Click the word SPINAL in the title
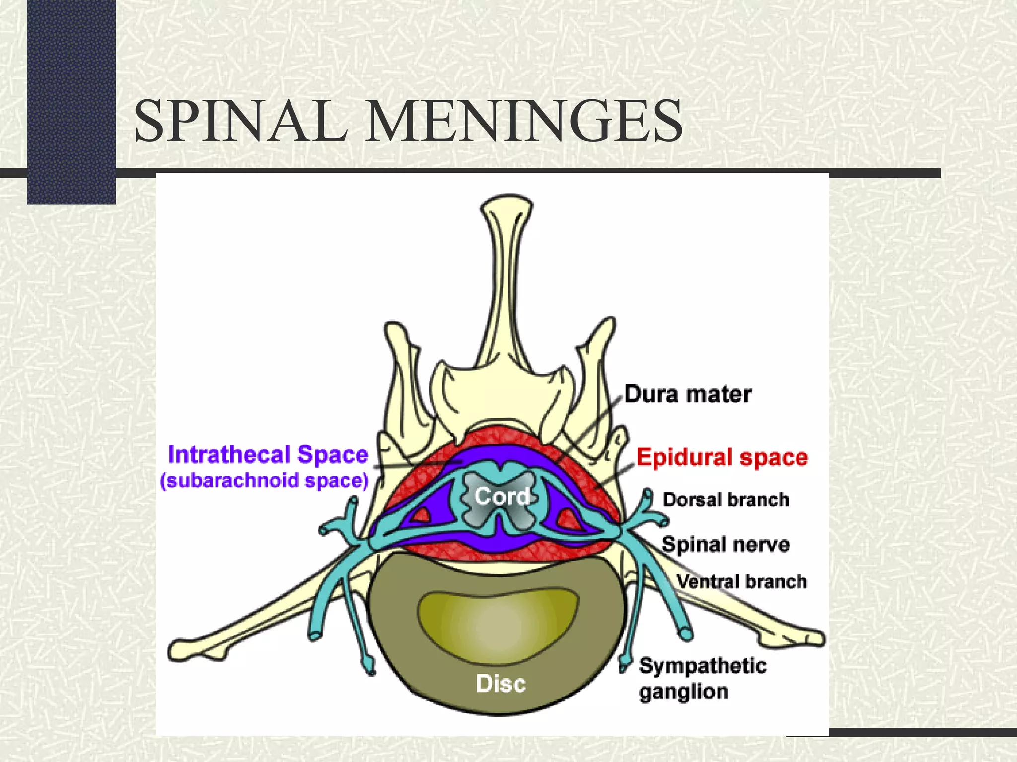click(241, 122)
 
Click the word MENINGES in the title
click(524, 122)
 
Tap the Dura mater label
click(688, 394)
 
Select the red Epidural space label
click(722, 457)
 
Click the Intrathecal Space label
click(268, 455)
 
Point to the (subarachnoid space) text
click(264, 481)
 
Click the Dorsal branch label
click(726, 500)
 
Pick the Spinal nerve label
click(726, 544)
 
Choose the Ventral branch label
click(742, 581)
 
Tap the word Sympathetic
click(703, 666)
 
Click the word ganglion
click(684, 692)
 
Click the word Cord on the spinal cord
click(502, 496)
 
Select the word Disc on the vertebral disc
click(501, 684)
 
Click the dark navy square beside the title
click(72, 102)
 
